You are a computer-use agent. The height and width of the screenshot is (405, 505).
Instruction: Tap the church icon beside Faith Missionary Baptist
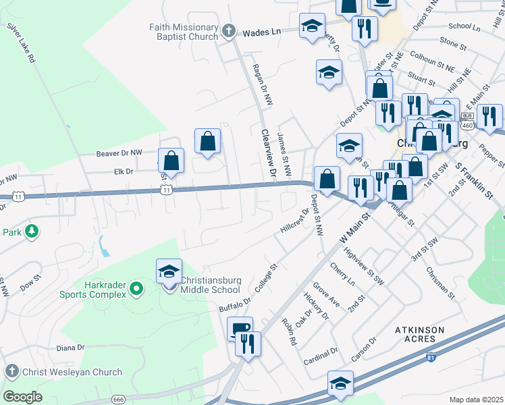coord(229,31)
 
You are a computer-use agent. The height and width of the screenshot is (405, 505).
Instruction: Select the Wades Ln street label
coord(261,32)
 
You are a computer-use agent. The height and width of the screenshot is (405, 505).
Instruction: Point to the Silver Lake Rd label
coord(20,45)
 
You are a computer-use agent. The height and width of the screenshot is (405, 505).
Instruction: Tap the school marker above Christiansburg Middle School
coord(169,271)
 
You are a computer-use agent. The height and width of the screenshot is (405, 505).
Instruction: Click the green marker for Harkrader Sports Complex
coord(136,290)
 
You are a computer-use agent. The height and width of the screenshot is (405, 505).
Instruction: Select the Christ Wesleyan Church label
coord(73,371)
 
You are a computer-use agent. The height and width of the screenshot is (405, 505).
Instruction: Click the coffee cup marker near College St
coord(240,329)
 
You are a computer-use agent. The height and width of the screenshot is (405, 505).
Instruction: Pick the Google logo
coord(22,397)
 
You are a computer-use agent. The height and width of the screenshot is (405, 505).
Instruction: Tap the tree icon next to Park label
coord(31,232)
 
